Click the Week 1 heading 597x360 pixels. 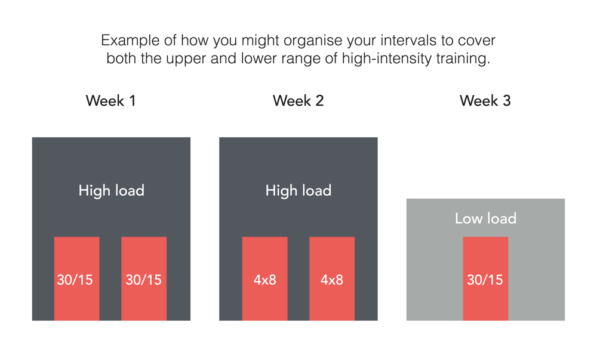[111, 101]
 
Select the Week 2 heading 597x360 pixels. [298, 101]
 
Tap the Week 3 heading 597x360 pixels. [485, 101]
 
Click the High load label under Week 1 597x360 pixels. [111, 190]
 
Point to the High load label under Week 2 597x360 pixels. [298, 190]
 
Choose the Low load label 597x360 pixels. [485, 219]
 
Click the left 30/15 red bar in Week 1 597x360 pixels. [77, 279]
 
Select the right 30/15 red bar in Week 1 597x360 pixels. [144, 279]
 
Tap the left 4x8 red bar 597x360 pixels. [265, 279]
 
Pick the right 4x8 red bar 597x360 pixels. [332, 279]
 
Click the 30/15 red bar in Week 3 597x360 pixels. [485, 279]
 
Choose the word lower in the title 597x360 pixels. [257, 59]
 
